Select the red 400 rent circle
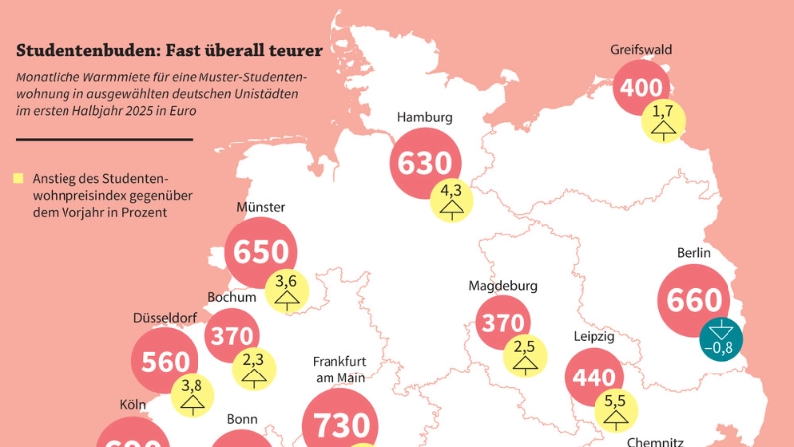[x=642, y=89]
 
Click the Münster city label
[x=261, y=207]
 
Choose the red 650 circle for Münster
[x=261, y=253]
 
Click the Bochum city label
[x=232, y=296]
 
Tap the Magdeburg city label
[x=503, y=286]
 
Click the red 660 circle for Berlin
[x=695, y=299]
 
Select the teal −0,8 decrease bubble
[x=723, y=338]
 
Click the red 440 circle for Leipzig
[x=595, y=378]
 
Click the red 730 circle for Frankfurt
[x=341, y=423]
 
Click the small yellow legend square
[x=19, y=179]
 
